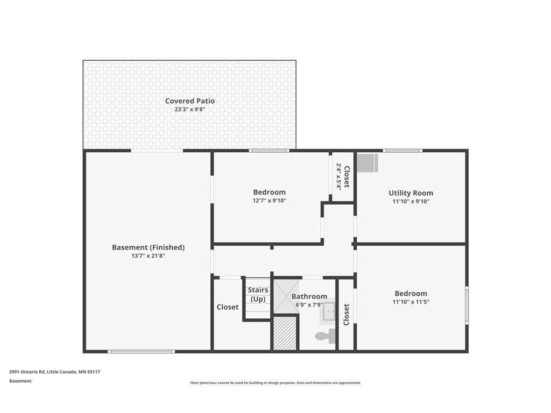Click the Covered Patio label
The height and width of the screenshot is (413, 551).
click(x=190, y=101)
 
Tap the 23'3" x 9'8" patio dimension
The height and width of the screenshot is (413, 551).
click(x=190, y=109)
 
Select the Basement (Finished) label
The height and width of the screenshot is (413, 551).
click(x=149, y=247)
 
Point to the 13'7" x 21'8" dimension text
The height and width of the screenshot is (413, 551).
click(x=149, y=255)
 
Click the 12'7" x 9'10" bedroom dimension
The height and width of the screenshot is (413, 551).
click(x=270, y=201)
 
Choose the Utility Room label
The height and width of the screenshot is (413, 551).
click(x=411, y=193)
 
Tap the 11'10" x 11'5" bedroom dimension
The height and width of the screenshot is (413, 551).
click(x=411, y=302)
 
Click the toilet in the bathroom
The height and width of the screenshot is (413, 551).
click(x=326, y=337)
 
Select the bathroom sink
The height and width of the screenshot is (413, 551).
click(x=329, y=311)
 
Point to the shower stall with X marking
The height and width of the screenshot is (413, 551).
click(x=286, y=297)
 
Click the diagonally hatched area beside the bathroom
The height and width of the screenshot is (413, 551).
click(x=285, y=333)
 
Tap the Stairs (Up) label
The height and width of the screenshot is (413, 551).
click(x=258, y=294)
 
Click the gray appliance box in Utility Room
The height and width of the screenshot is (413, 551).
click(x=368, y=163)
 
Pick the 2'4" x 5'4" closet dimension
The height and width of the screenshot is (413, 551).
click(x=339, y=176)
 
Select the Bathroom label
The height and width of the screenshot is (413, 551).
click(x=309, y=296)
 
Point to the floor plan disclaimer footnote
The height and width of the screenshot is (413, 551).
click(x=275, y=383)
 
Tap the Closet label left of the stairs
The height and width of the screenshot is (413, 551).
click(x=228, y=307)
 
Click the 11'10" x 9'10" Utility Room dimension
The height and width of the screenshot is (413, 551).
click(x=411, y=201)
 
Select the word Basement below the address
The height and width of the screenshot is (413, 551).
click(x=20, y=381)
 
